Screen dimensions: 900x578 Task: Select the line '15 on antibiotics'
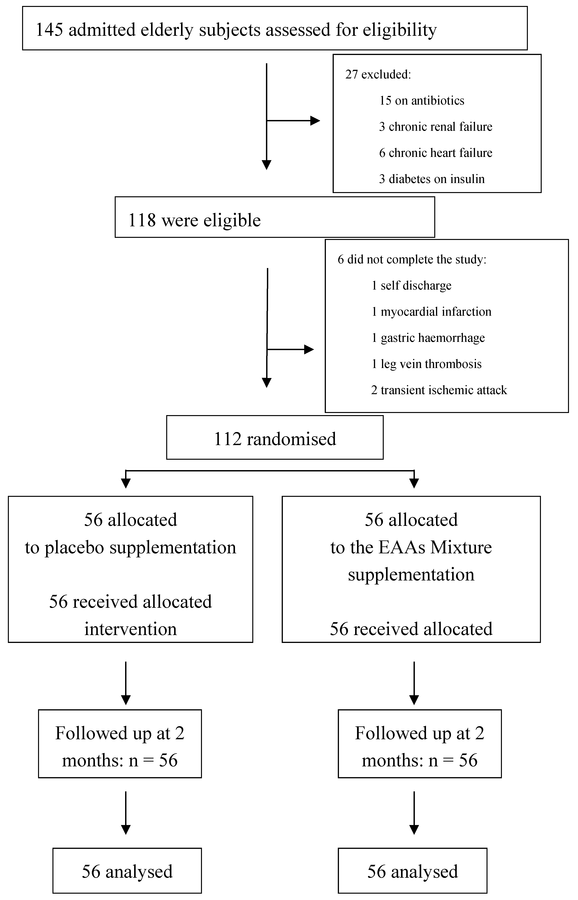pos(421,101)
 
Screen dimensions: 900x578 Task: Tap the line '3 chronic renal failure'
pos(435,127)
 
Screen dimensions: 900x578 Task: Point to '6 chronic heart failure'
pos(435,153)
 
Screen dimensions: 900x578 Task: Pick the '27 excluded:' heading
pos(378,74)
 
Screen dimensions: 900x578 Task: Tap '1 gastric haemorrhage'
pos(428,338)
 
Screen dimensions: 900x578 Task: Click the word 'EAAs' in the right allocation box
pos(402,548)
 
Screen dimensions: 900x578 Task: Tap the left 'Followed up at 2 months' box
pos(120,747)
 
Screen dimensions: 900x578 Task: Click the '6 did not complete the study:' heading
pos(412,259)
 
